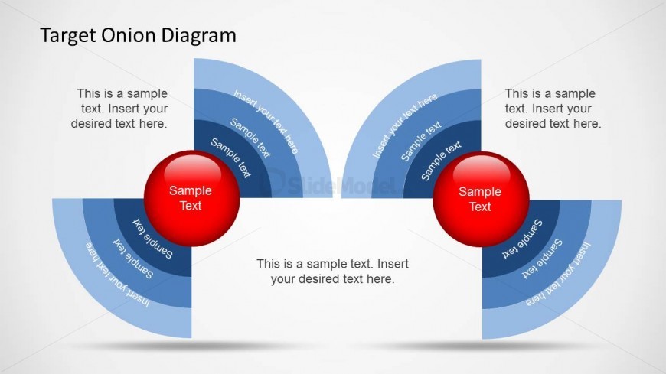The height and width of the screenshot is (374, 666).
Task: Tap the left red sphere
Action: pos(192,198)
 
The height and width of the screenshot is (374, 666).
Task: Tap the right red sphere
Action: pos(482,199)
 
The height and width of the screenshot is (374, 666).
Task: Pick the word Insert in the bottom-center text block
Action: pos(393,264)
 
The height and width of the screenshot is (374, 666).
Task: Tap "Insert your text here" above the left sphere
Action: pos(266,122)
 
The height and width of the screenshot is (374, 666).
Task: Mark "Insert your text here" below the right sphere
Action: pos(558,275)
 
